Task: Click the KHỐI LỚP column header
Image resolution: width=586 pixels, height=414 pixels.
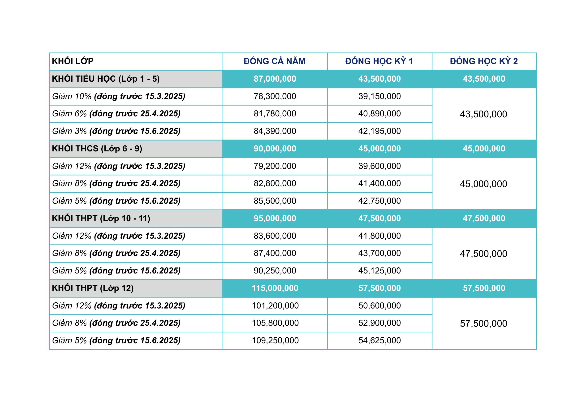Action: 73,61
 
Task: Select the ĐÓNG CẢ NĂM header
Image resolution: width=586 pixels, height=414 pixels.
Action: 274,61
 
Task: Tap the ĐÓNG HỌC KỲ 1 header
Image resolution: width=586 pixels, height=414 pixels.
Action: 379,61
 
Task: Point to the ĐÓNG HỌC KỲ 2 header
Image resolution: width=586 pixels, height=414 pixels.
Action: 484,61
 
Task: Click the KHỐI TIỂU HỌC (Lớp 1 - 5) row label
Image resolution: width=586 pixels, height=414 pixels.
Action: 106,79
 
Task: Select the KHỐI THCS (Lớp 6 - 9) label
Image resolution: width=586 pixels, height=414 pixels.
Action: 97,149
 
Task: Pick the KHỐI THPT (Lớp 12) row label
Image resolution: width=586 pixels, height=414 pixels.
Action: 93,288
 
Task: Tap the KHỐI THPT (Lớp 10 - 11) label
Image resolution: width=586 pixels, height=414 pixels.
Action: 101,218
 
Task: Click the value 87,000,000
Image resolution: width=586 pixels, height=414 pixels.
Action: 275,79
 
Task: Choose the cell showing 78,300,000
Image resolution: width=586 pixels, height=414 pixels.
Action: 275,96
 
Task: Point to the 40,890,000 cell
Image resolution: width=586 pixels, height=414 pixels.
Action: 379,114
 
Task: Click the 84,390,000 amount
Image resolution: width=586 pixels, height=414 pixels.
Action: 275,131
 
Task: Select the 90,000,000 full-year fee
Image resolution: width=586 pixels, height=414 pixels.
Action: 275,149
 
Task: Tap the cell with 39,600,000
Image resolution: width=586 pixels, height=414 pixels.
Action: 379,166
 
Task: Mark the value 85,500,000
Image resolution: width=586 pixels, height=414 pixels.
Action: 275,201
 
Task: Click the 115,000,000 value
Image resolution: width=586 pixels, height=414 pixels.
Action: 275,288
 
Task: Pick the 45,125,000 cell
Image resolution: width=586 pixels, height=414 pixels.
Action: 379,271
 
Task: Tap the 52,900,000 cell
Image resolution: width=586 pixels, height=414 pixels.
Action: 379,323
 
